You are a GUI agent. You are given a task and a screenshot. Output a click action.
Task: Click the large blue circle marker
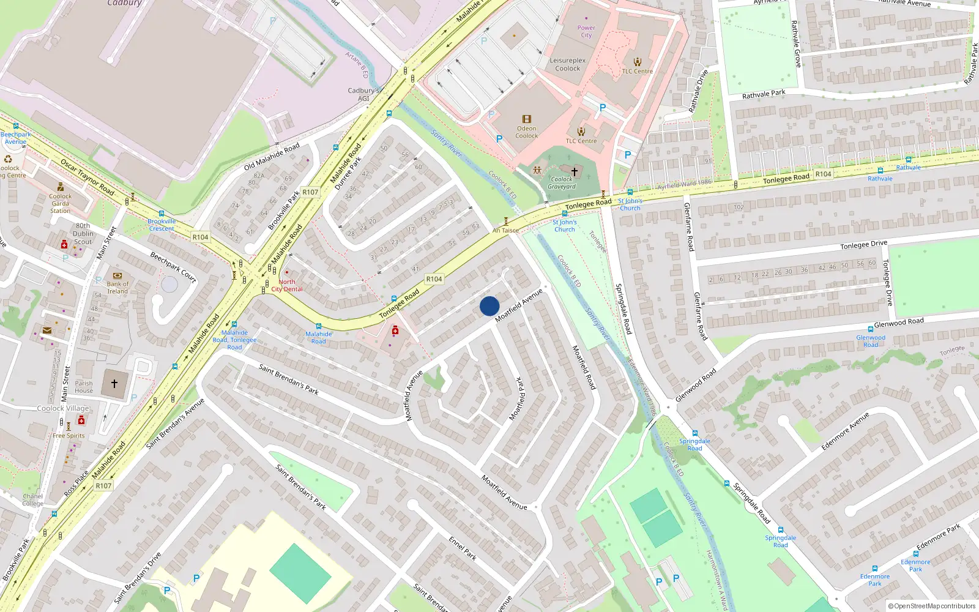[489, 306]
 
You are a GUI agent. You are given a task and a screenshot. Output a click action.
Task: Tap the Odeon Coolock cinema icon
[526, 119]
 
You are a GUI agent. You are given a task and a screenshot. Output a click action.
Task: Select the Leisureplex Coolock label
[567, 64]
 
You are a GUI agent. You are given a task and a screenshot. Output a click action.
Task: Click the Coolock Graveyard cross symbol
[574, 171]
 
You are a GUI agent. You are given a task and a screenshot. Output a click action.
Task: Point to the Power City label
[586, 31]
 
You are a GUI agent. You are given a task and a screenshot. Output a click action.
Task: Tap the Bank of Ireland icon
[117, 276]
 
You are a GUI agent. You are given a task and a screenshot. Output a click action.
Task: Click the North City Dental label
[287, 286]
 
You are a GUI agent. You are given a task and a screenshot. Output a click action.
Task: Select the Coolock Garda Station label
[60, 203]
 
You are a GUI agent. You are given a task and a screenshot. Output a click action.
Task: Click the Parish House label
[84, 387]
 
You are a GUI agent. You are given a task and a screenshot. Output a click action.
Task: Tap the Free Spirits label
[69, 436]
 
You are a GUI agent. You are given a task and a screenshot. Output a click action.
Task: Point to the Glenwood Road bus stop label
[871, 341]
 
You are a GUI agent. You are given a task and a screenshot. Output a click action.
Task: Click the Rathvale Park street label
[764, 94]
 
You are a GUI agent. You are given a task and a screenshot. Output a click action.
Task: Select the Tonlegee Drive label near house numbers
[863, 244]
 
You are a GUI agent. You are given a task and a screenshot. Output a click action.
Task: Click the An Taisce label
[505, 230]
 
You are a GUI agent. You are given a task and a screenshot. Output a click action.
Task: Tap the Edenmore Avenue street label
[845, 431]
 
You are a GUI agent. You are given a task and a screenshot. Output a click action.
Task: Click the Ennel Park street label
[463, 548]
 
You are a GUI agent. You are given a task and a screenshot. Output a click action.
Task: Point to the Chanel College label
[33, 500]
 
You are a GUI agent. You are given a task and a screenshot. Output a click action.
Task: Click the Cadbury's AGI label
[363, 94]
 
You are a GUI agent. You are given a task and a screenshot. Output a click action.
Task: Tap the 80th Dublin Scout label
[83, 234]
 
